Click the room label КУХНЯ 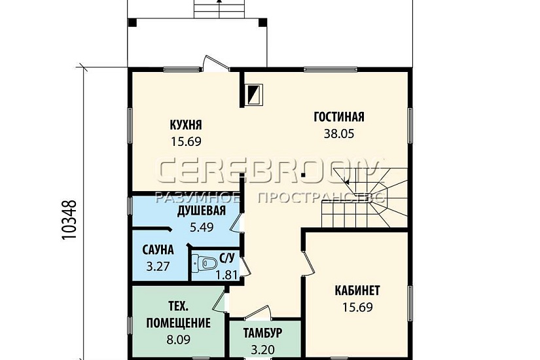[x=186, y=125]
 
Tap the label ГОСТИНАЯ [x=339, y=117]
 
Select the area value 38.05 [x=339, y=134]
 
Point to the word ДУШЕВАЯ [x=202, y=211]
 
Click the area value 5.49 [x=202, y=227]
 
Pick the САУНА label [x=158, y=250]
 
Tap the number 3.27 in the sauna [x=158, y=266]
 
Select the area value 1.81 [x=226, y=275]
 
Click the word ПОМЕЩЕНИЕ [x=179, y=323]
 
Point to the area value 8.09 [x=179, y=340]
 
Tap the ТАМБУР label [x=262, y=333]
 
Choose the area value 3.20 [x=262, y=350]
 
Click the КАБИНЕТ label [x=357, y=291]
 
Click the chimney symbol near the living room [x=253, y=94]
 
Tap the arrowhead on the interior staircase [x=347, y=182]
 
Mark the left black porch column [x=132, y=22]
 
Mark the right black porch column [x=262, y=22]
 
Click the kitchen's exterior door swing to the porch [x=216, y=63]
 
